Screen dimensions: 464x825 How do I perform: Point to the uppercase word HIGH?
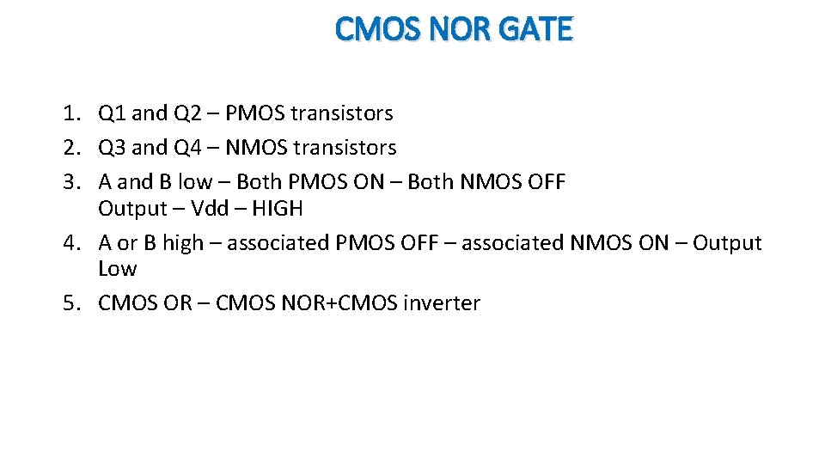277,209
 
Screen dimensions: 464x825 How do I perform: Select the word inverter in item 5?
442,303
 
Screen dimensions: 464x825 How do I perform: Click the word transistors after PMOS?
342,113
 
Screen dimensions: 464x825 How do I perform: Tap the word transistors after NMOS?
345,148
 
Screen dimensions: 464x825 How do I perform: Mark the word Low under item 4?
117,269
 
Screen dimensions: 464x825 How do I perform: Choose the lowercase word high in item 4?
183,243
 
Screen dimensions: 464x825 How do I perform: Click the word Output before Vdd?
132,209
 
